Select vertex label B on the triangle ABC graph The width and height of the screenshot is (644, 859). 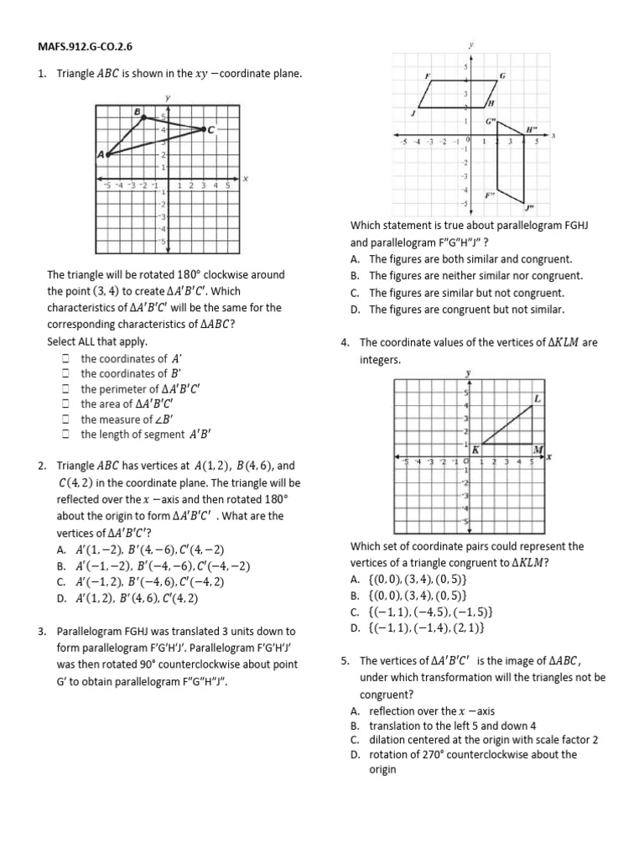point(137,111)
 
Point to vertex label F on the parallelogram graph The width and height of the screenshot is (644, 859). point(428,76)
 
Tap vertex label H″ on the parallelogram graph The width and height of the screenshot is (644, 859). point(530,129)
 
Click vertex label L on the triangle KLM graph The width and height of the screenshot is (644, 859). point(537,398)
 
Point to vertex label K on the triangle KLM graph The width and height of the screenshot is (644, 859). point(475,450)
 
